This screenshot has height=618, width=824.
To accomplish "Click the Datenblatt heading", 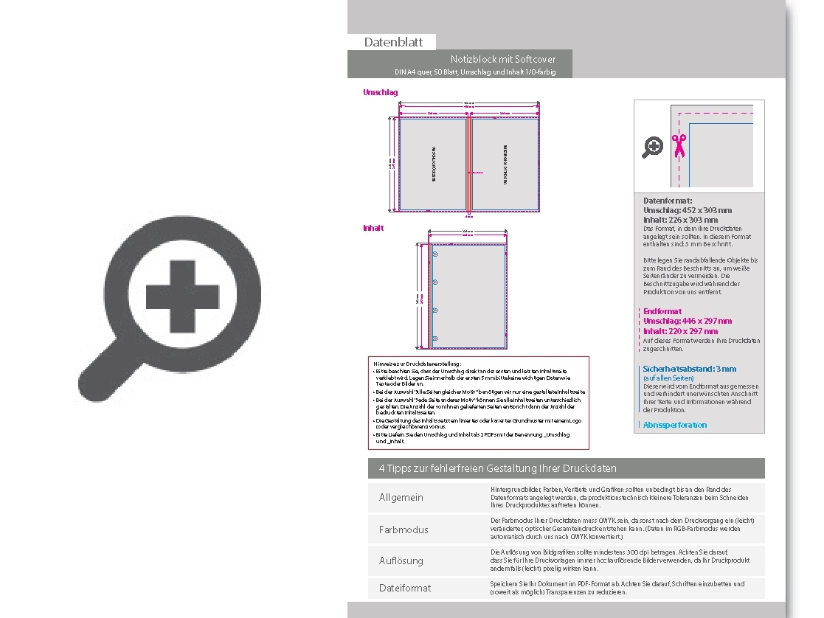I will pyautogui.click(x=393, y=43).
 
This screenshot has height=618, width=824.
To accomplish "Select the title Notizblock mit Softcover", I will pyautogui.click(x=503, y=59).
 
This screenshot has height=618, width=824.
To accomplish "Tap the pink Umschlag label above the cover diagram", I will pyautogui.click(x=380, y=92).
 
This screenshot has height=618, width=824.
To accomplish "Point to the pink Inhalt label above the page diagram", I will pyautogui.click(x=373, y=229).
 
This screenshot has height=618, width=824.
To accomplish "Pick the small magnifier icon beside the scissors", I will pyautogui.click(x=653, y=147).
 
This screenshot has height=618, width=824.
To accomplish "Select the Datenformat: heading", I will pyautogui.click(x=668, y=201).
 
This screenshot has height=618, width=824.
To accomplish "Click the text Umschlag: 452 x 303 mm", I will pyautogui.click(x=687, y=210).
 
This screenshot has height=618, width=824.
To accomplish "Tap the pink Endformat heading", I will pyautogui.click(x=662, y=311).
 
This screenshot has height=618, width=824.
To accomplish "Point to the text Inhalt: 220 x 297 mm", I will pyautogui.click(x=680, y=331).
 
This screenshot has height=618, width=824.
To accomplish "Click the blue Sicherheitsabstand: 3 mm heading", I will pyautogui.click(x=690, y=369).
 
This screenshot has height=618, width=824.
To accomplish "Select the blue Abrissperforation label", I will pyautogui.click(x=674, y=425).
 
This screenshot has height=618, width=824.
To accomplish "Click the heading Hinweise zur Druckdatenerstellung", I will pyautogui.click(x=418, y=364).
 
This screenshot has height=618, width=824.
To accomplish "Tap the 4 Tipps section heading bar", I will pyautogui.click(x=566, y=468).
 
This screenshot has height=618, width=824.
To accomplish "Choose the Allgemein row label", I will pyautogui.click(x=401, y=498).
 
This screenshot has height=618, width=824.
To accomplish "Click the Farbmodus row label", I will pyautogui.click(x=404, y=530).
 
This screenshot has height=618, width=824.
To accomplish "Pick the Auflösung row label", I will pyautogui.click(x=401, y=560).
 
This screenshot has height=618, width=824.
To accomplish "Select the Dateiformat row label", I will pyautogui.click(x=405, y=588).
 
